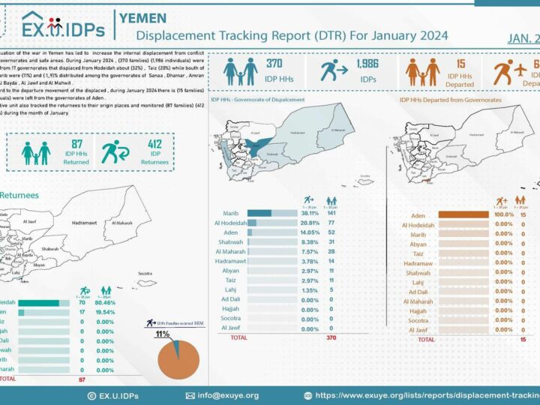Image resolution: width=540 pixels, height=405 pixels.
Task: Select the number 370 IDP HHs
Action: tap(274, 64)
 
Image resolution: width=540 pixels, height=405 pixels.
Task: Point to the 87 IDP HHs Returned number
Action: tap(76, 143)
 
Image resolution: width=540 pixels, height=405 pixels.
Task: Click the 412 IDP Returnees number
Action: tap(154, 143)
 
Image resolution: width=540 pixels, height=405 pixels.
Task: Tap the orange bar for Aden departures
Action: tap(463, 215)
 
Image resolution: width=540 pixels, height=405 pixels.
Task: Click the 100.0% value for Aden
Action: tap(504, 215)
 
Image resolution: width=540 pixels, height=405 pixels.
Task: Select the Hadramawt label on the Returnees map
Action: tap(89, 223)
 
